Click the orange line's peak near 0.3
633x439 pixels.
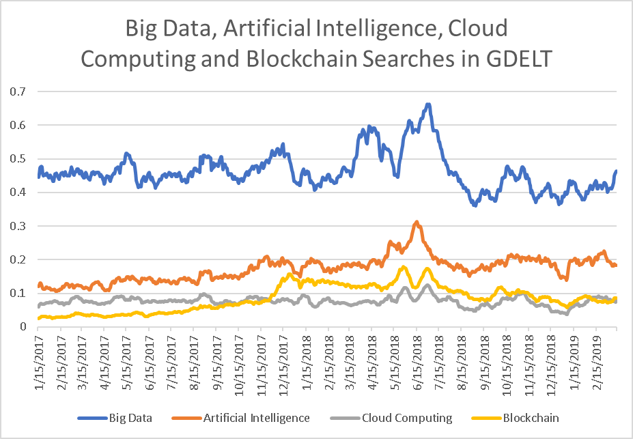click(x=417, y=222)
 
